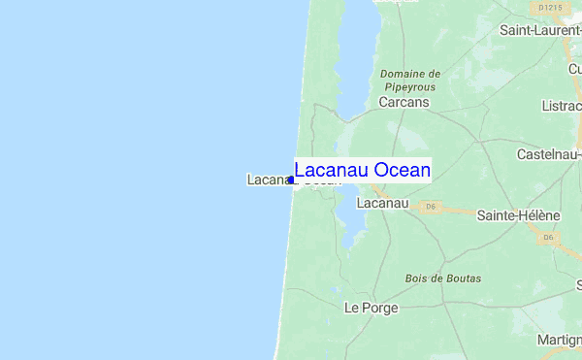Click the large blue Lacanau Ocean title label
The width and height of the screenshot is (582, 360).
pyautogui.click(x=362, y=171)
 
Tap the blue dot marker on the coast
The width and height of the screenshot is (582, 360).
pyautogui.click(x=291, y=180)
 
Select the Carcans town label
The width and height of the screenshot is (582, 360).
pyautogui.click(x=404, y=101)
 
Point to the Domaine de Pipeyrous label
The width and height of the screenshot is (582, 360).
pyautogui.click(x=410, y=80)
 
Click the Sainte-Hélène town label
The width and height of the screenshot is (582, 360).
pyautogui.click(x=518, y=215)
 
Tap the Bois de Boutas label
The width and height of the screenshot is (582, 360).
pyautogui.click(x=442, y=278)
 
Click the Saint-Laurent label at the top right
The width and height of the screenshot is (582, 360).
pyautogui.click(x=540, y=30)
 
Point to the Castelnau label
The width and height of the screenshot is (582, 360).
pyautogui.click(x=549, y=154)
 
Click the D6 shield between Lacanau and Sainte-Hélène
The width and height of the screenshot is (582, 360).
pyautogui.click(x=432, y=207)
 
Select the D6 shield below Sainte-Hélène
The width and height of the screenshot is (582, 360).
pyautogui.click(x=549, y=237)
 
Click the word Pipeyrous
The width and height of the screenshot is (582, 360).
pyautogui.click(x=410, y=86)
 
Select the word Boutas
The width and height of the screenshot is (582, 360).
pyautogui.click(x=463, y=278)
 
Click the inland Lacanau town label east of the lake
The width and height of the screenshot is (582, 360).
pyautogui.click(x=382, y=204)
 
